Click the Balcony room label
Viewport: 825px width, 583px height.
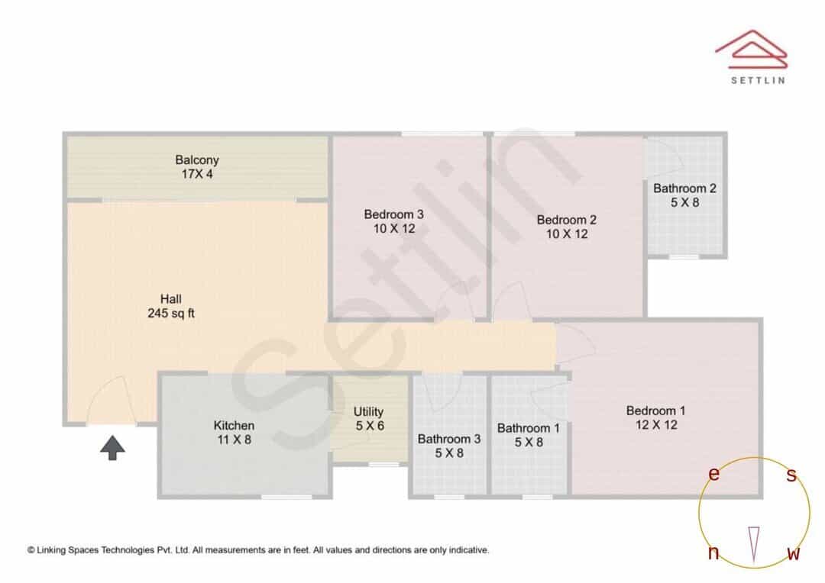pos(197,159)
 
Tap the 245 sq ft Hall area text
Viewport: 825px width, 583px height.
pos(171,314)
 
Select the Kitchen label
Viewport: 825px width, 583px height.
pos(235,425)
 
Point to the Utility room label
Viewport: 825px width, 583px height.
pos(368,411)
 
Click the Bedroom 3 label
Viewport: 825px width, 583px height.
pos(394,214)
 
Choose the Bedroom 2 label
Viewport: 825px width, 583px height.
pos(567,220)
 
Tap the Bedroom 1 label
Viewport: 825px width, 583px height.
pos(655,411)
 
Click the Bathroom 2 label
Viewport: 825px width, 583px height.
pos(684,188)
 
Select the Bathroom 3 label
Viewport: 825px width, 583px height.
pos(449,439)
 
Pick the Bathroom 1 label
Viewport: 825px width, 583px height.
pos(529,428)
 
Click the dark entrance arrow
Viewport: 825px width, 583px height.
pos(112,448)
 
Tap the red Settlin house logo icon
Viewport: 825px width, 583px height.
pos(752,50)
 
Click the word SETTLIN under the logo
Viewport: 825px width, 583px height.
pos(758,80)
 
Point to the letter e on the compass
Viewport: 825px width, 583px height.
pos(713,474)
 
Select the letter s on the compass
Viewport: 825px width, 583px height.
pos(791,475)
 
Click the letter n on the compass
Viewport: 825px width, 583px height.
pos(713,552)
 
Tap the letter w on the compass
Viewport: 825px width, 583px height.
pos(794,553)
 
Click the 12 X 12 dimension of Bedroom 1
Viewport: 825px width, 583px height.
pos(656,425)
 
